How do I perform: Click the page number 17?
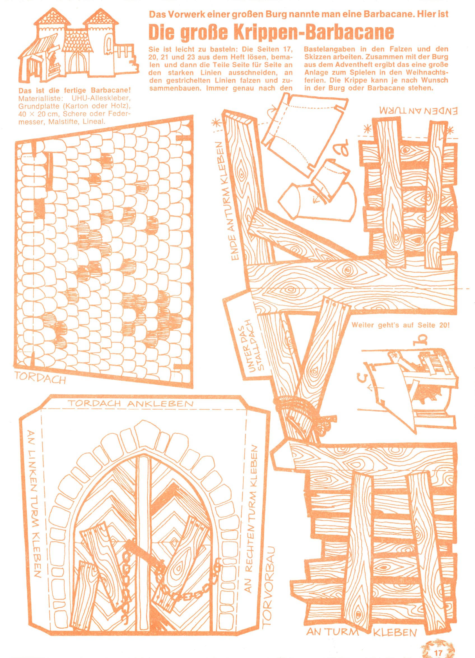438,651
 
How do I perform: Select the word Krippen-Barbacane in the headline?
296,32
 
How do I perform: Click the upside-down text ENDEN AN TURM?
418,110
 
